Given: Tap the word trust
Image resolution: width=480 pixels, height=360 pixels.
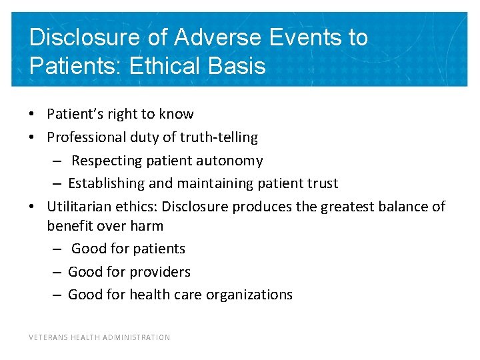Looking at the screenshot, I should (321, 183).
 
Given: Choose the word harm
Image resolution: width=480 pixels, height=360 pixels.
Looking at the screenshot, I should (147, 226).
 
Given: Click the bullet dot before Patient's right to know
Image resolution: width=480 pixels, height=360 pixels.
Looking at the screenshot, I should (32, 115).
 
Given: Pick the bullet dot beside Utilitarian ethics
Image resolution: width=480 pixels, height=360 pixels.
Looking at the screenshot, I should (32, 207).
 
